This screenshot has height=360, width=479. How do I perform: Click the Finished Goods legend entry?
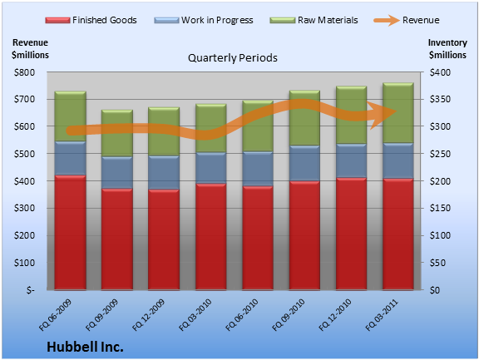click(x=91, y=20)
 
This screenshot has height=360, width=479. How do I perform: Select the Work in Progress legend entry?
click(x=204, y=20)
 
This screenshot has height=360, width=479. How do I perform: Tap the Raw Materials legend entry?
click(x=314, y=20)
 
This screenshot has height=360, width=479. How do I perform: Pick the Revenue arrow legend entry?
click(x=407, y=20)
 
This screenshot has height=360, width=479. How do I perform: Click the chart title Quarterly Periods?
click(x=233, y=57)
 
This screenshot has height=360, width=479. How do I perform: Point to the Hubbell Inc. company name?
click(x=85, y=347)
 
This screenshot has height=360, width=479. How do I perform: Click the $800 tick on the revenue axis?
click(x=24, y=72)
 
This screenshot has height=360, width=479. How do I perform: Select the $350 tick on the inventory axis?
click(x=440, y=99)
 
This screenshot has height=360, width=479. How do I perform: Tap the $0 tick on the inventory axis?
click(x=435, y=290)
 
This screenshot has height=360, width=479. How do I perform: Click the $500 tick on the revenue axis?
click(x=24, y=154)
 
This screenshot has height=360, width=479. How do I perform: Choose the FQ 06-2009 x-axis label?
click(x=55, y=315)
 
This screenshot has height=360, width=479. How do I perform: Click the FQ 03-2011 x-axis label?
click(x=382, y=315)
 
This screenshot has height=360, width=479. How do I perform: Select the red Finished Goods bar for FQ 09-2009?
click(x=117, y=239)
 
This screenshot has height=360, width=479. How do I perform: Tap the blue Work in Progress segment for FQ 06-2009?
click(x=70, y=158)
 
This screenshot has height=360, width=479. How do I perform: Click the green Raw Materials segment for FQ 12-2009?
click(x=164, y=131)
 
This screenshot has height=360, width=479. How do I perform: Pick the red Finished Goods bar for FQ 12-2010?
click(x=351, y=234)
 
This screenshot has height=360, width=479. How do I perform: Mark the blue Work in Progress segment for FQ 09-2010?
click(x=304, y=163)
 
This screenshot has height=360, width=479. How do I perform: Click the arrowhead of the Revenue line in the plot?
click(x=386, y=115)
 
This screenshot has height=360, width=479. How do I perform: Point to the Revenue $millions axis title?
click(x=30, y=48)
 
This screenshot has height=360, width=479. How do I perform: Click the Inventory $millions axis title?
click(x=447, y=48)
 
